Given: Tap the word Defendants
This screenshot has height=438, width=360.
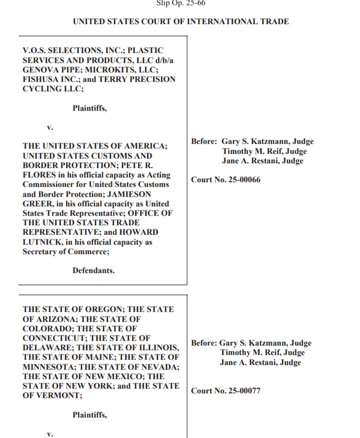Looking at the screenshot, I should (x=93, y=270).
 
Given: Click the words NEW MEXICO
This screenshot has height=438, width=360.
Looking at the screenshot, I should (x=89, y=377).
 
